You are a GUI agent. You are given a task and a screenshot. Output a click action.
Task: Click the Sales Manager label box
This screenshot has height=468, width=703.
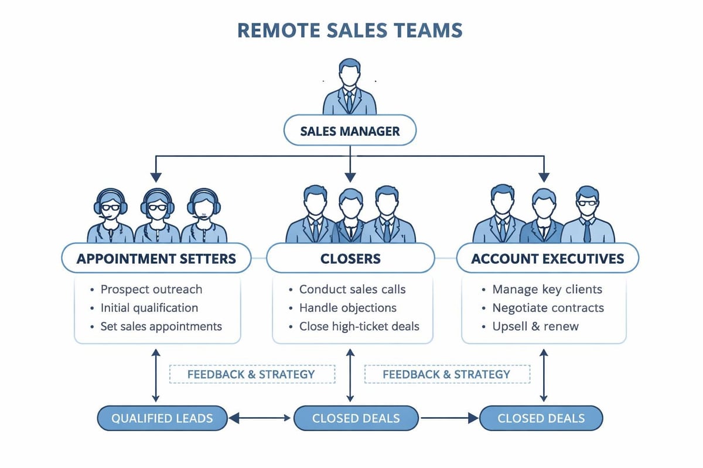pos(350,131)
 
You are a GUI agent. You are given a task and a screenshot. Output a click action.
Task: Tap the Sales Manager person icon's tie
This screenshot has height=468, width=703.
pos(350,101)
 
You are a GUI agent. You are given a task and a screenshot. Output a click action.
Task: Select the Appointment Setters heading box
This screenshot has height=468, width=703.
pos(156,258)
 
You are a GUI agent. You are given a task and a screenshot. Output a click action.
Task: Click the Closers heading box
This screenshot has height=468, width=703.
pos(350,258)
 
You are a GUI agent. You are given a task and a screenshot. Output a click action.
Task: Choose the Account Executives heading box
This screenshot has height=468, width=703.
pos(547,258)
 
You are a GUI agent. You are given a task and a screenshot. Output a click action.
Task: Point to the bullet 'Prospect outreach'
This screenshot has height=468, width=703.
pos(151,289)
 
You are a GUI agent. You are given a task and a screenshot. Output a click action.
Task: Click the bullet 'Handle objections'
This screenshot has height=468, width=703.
pos(347,308)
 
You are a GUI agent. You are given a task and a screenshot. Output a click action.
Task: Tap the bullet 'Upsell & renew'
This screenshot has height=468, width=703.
pos(535,326)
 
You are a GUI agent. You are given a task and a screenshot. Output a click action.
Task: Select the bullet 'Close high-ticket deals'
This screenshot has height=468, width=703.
pos(359,326)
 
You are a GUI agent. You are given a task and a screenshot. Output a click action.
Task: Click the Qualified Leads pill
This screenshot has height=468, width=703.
pos(162,418)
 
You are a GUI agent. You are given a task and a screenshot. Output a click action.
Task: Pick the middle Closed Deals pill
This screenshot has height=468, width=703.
pos(356,418)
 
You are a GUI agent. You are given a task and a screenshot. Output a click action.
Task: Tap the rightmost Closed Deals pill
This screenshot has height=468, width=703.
pos(541,418)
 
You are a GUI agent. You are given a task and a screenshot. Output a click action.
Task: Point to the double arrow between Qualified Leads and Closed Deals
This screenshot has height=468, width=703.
pos(260,418)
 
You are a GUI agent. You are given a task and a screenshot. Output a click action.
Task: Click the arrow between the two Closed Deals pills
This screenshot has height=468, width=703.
pos(449,418)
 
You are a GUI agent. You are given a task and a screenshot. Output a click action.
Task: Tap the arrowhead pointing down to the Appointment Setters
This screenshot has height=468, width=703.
pos(156,175)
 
